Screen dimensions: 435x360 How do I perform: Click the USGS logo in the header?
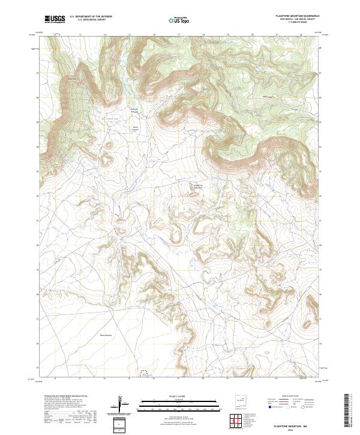tap(55, 19)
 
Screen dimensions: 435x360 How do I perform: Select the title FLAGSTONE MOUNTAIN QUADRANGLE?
tap(298, 16)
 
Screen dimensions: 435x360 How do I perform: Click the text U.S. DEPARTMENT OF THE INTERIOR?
tap(91, 17)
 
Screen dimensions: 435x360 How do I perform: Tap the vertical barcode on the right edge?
tap(347, 412)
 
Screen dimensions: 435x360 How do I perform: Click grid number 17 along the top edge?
tap(178, 35)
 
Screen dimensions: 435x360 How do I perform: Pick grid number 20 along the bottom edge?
tap(252, 379)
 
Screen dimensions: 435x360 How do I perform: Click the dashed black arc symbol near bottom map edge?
tap(144, 373)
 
